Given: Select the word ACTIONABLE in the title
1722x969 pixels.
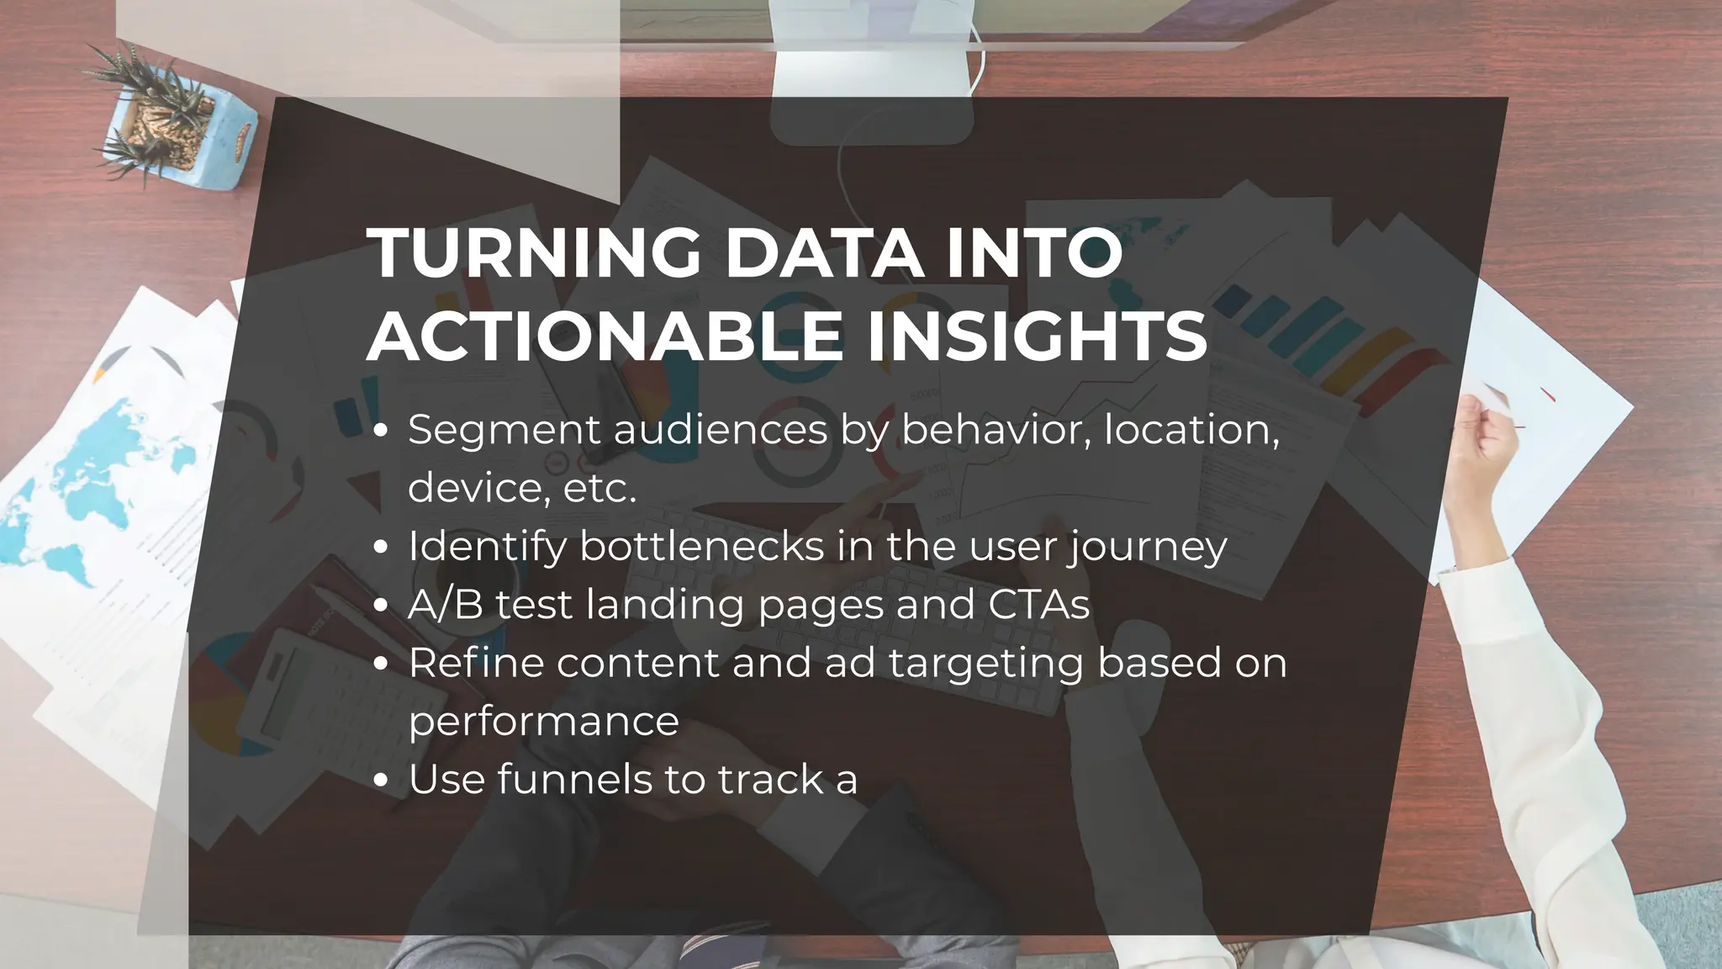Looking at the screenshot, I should click(604, 336).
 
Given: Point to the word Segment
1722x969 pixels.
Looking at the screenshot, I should click(504, 430).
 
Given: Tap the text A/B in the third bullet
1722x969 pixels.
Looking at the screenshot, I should click(446, 605).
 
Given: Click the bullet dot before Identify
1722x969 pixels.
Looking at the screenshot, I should click(382, 548).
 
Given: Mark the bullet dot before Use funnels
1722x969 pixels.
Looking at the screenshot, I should click(382, 781).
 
